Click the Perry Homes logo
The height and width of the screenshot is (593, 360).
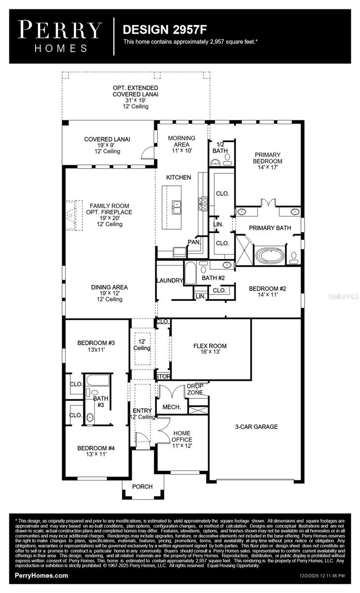[60, 36]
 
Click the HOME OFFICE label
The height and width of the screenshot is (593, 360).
[182, 436]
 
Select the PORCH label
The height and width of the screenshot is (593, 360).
[142, 487]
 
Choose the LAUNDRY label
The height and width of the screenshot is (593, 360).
[170, 280]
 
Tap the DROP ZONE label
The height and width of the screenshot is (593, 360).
[194, 389]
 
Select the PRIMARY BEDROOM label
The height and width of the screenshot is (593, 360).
[268, 158]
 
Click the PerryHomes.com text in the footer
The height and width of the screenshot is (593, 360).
[42, 576]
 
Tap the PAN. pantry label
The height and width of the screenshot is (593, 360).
[193, 242]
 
